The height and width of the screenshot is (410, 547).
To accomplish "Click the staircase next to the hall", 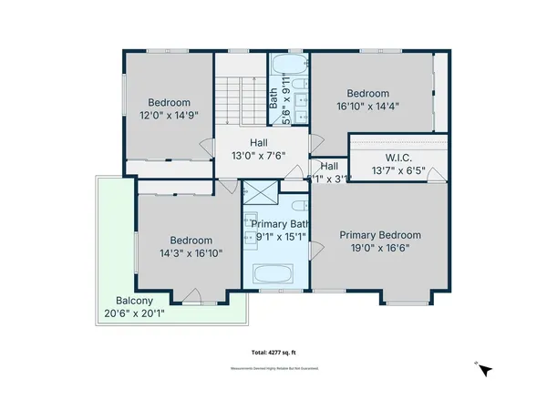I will click(231, 101).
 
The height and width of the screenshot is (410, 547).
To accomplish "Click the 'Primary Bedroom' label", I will click(375, 233).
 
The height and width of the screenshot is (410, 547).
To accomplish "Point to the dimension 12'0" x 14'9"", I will click(169, 115).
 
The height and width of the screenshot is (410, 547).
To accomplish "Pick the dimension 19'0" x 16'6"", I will click(375, 246).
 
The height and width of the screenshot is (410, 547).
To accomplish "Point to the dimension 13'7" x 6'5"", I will click(397, 170).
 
